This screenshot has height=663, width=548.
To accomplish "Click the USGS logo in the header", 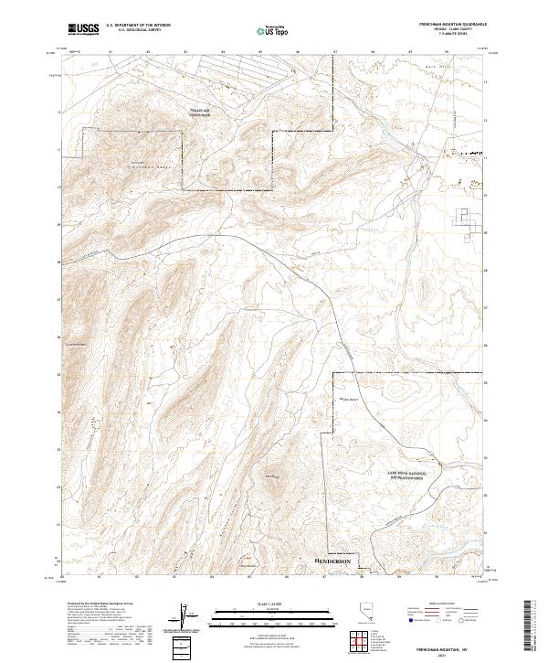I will tap(83, 30).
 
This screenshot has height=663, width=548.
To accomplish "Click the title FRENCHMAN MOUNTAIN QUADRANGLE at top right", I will tap(451, 25).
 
